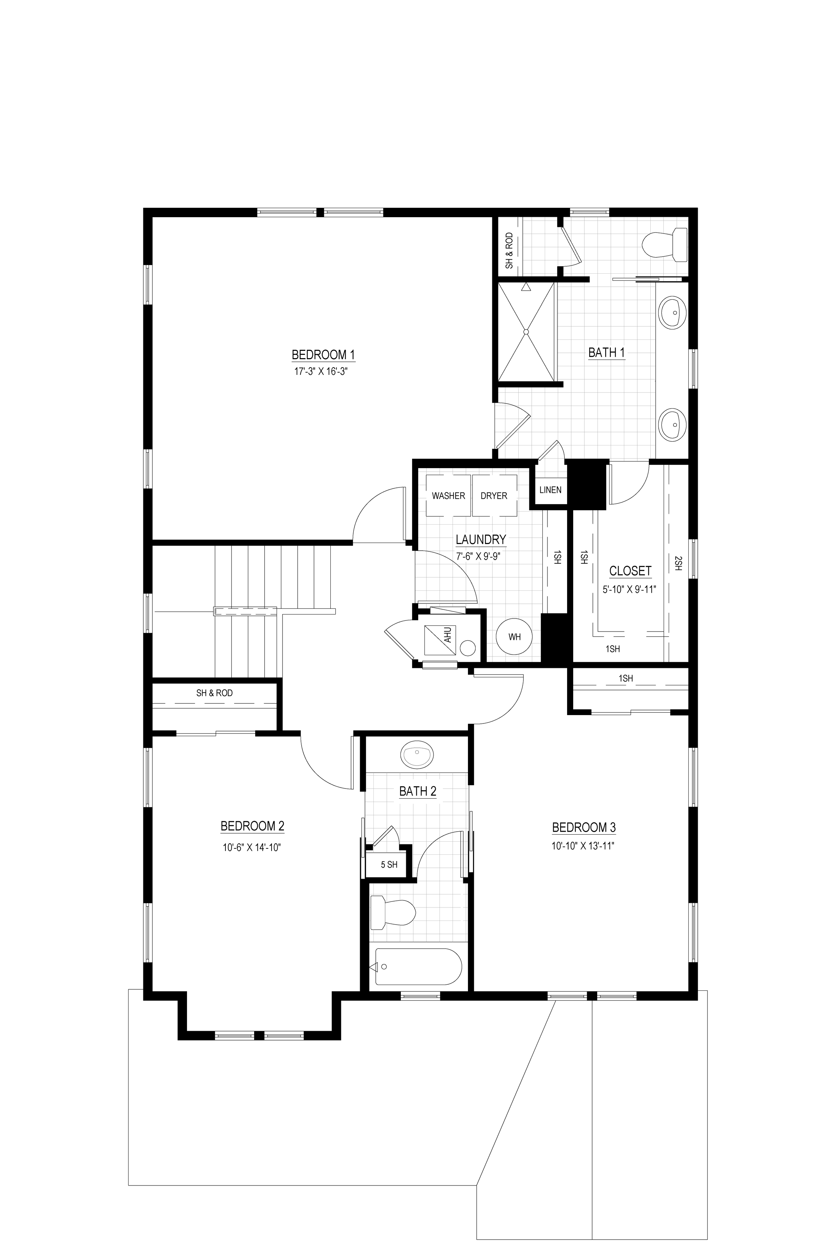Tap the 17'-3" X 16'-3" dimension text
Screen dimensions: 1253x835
pyautogui.click(x=324, y=371)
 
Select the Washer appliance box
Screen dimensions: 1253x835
pyautogui.click(x=448, y=496)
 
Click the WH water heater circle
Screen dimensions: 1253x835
pyautogui.click(x=514, y=637)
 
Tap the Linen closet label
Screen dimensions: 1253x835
pyautogui.click(x=550, y=490)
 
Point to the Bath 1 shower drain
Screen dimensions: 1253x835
pyautogui.click(x=526, y=332)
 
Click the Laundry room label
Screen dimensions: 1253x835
pyautogui.click(x=480, y=540)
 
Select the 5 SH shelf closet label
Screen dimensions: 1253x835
pyautogui.click(x=389, y=865)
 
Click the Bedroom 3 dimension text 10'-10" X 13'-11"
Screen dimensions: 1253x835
pyautogui.click(x=583, y=846)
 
